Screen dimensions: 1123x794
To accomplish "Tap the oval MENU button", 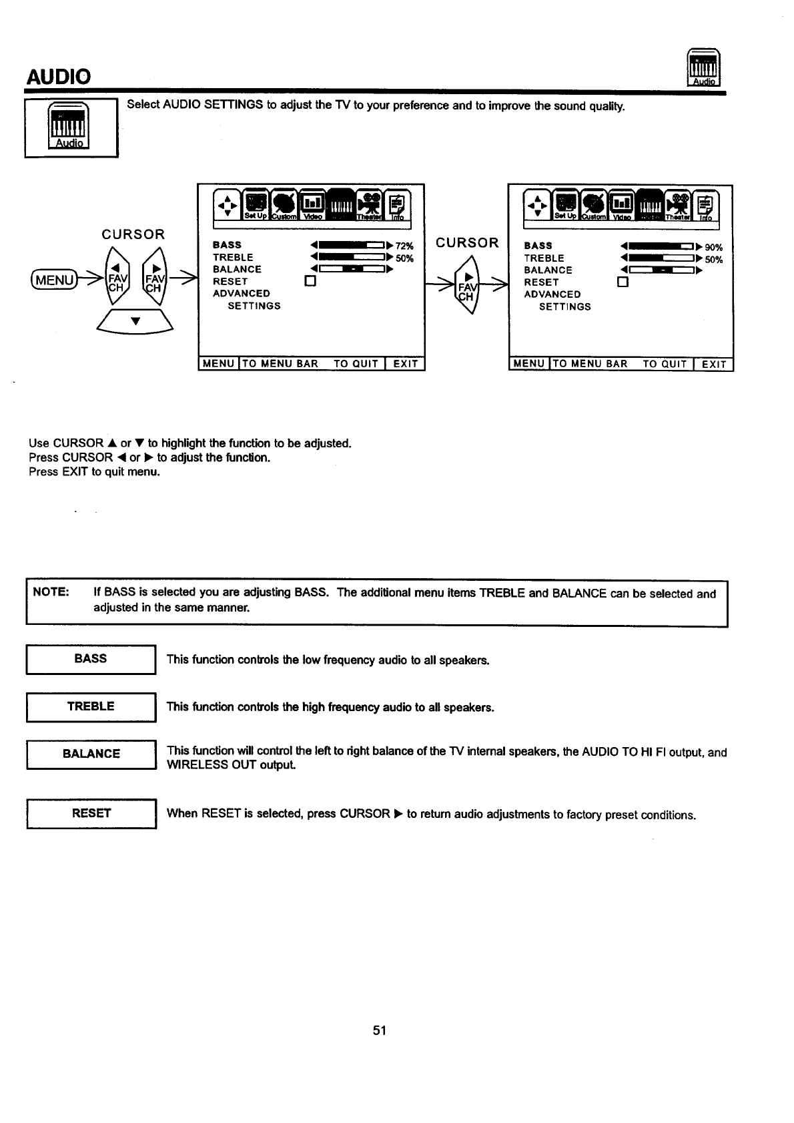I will pyautogui.click(x=53, y=279).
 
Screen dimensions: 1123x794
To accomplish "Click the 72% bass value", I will pyautogui.click(x=404, y=246).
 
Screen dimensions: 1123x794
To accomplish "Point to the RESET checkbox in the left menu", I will pyautogui.click(x=309, y=282).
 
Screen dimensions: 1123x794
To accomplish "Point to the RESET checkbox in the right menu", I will pyautogui.click(x=623, y=282).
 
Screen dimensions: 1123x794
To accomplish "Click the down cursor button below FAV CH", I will pyautogui.click(x=135, y=322).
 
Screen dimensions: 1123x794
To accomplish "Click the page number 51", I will pyautogui.click(x=380, y=1030).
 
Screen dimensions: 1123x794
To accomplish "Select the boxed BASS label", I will pyautogui.click(x=91, y=659).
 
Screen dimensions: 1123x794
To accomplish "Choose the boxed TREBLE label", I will pyautogui.click(x=91, y=706).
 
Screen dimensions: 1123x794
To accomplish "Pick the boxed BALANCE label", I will pyautogui.click(x=91, y=754).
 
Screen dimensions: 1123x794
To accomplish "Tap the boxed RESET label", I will pyautogui.click(x=91, y=813).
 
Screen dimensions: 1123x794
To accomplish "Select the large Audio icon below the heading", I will pyautogui.click(x=70, y=128).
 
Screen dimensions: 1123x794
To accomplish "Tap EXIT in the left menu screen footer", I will pyautogui.click(x=405, y=364).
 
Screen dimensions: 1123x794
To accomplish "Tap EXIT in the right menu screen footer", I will pyautogui.click(x=713, y=365).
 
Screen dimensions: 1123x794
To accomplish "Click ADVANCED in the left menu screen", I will pyautogui.click(x=242, y=294).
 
